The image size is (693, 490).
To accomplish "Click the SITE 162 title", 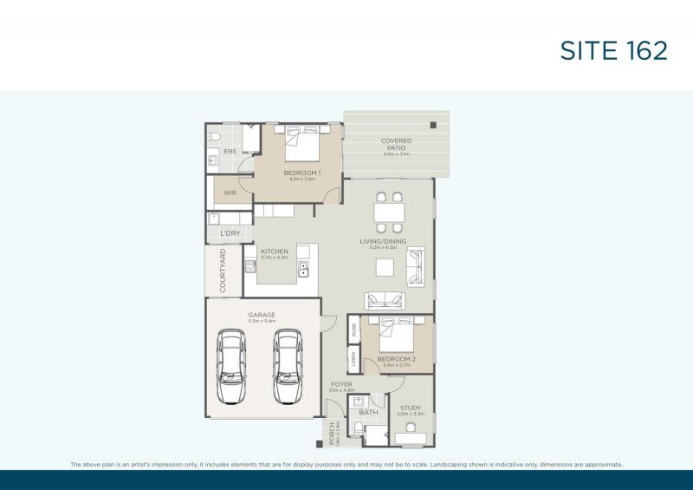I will coord(612,50).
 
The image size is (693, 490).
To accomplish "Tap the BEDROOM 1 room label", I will coord(302,173).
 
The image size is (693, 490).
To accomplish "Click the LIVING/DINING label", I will coord(383,242).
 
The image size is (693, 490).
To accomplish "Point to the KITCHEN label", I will coord(275,252).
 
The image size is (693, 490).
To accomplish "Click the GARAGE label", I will coord(262,315).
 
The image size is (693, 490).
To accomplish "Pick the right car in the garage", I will coord(287,366).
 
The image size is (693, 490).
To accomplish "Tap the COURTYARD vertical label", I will coord(223,270).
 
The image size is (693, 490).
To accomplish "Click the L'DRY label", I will coord(230,233).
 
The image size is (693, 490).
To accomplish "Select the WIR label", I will coord(230,193).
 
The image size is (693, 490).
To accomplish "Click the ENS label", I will coord(230,152).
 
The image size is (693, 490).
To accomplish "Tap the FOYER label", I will coord(342,384).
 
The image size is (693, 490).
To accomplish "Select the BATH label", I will coord(369,412).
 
